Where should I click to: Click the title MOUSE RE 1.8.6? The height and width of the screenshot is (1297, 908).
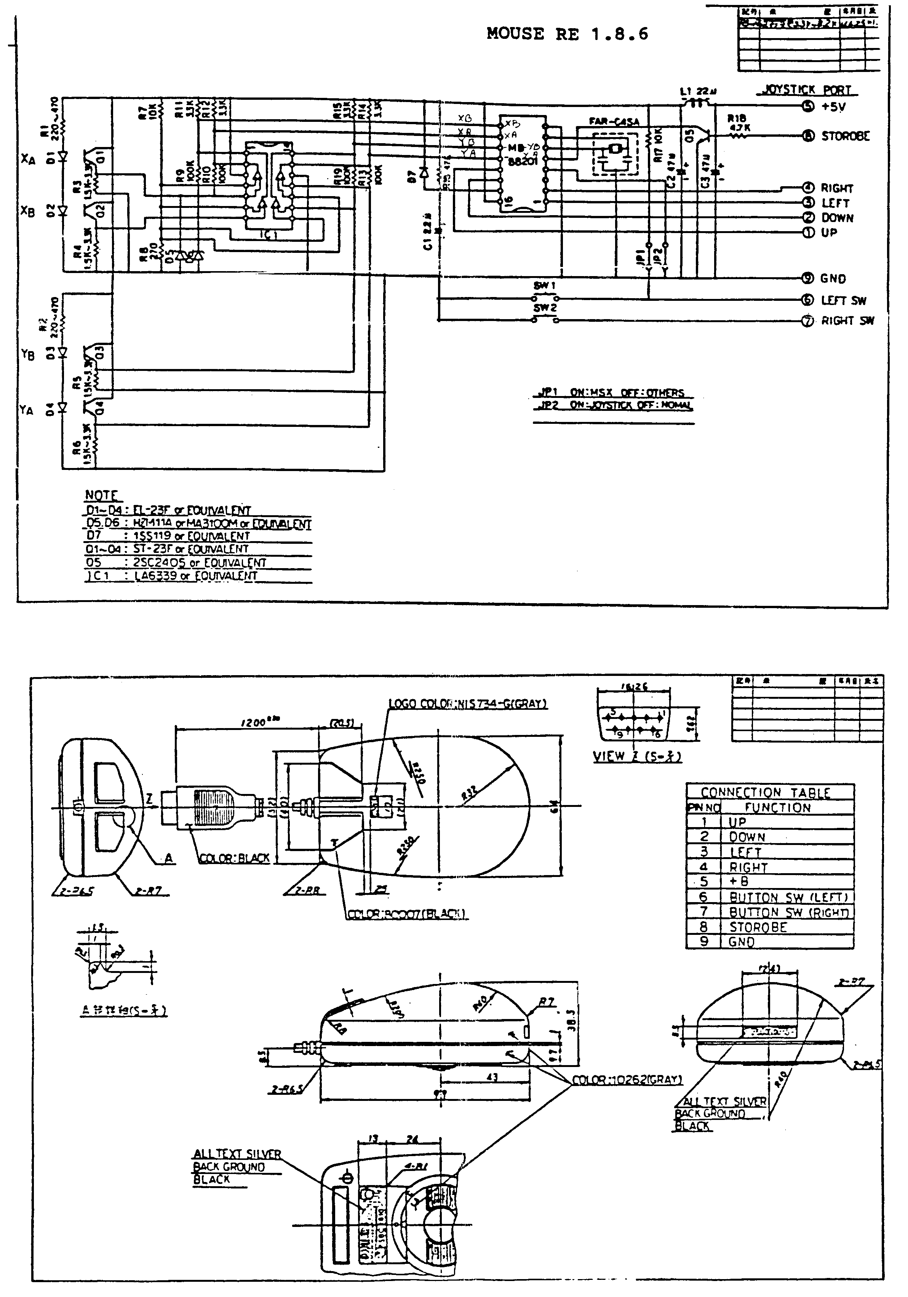coord(567,34)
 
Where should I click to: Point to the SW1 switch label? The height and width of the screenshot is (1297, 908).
coord(545,286)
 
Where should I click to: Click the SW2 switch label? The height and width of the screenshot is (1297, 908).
coord(545,308)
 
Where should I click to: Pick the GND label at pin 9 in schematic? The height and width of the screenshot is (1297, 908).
coord(833,278)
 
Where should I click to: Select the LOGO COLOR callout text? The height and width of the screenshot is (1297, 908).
coord(468,703)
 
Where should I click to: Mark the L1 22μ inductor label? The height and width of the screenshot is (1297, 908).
coord(698,91)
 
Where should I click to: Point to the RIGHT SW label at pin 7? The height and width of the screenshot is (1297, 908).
coord(847,321)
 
